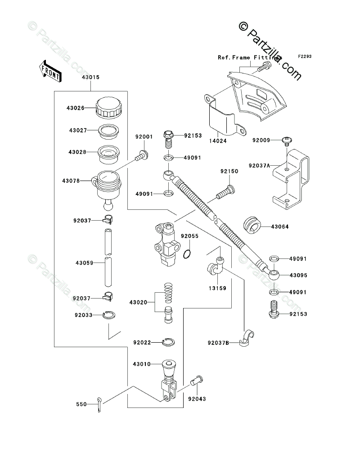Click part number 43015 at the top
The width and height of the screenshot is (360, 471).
(91, 77)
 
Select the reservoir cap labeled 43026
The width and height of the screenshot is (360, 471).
(109, 107)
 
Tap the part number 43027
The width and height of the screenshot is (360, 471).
(78, 131)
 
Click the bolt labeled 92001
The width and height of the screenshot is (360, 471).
(141, 156)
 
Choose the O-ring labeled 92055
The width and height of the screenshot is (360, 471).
(187, 254)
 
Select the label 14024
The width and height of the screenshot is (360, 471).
(218, 141)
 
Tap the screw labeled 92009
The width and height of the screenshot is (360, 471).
(287, 141)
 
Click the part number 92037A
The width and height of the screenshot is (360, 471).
(259, 166)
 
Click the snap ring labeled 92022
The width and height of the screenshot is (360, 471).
(168, 342)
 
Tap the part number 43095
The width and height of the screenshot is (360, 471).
(298, 275)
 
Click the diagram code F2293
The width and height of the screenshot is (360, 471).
(305, 56)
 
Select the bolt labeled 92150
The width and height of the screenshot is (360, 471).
(225, 193)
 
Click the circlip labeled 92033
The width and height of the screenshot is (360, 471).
(109, 315)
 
